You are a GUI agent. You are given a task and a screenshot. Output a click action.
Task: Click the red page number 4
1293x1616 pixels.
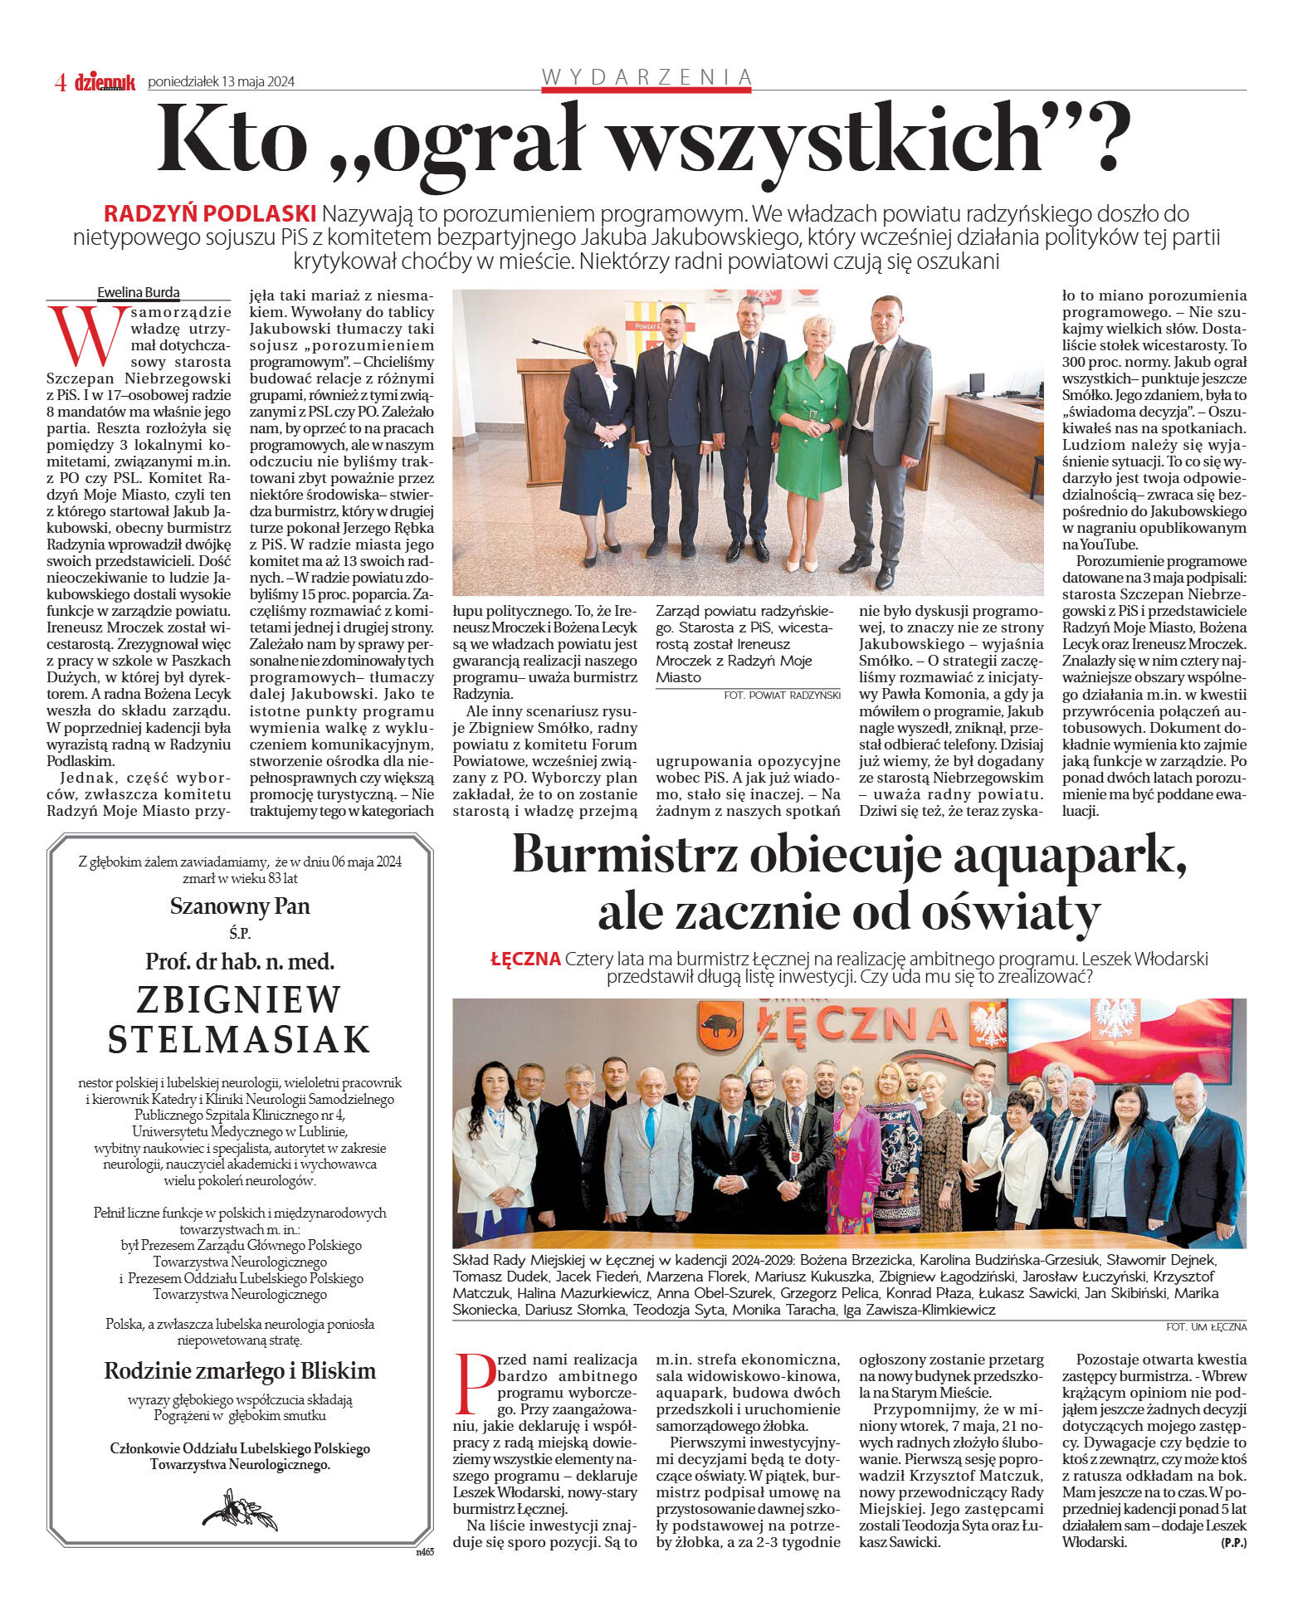point(61,82)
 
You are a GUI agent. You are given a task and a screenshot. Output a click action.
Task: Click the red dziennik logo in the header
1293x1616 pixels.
point(105,81)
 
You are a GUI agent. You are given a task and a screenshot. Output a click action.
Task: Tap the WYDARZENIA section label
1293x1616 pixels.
point(646,77)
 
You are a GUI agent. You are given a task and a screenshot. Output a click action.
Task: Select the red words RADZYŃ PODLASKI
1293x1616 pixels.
point(210,213)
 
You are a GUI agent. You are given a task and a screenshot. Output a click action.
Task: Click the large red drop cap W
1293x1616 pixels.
point(86,336)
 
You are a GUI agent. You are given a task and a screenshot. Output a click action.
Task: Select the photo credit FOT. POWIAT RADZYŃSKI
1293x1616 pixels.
point(782,695)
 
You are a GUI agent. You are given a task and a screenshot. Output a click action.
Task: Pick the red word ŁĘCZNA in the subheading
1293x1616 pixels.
point(525,959)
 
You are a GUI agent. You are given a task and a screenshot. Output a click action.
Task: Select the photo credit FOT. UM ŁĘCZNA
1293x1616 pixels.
point(1206,1327)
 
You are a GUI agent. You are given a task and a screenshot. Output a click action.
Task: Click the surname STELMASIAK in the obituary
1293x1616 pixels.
point(239,1039)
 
